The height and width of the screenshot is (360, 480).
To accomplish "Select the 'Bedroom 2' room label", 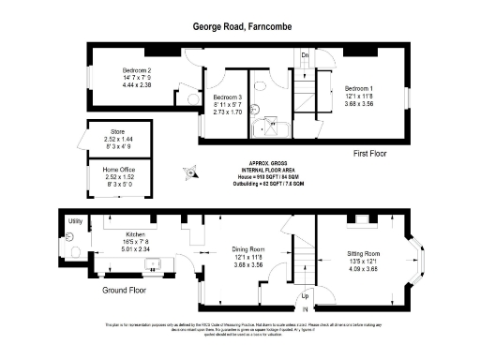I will click(137, 70).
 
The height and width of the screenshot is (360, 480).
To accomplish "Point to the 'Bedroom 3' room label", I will click(228, 97).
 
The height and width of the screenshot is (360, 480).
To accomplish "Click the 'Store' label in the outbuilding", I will click(118, 132).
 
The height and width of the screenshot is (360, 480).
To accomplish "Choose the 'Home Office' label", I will click(118, 170).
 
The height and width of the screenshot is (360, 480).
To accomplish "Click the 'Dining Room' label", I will click(249, 249).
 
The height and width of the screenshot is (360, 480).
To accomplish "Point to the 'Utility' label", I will click(75, 221).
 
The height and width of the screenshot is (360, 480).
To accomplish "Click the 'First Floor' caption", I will click(370, 154).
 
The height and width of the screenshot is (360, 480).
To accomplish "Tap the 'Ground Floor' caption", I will click(124, 291).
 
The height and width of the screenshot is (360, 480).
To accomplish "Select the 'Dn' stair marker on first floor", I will click(305, 54).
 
